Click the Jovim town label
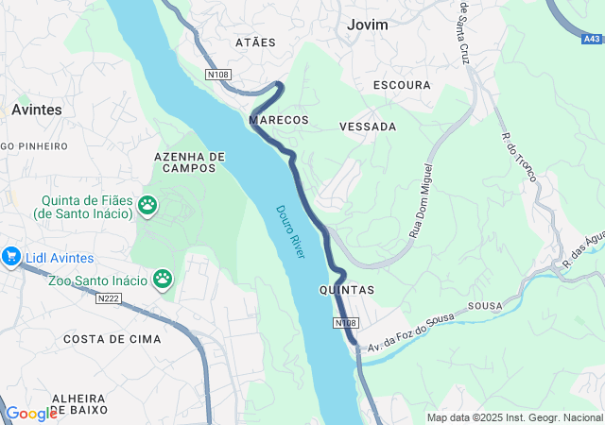click(368, 25)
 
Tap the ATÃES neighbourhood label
click(254, 42)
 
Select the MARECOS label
click(279, 121)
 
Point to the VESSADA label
click(368, 126)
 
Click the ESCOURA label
click(402, 85)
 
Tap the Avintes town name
click(36, 110)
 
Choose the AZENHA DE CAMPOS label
click(190, 162)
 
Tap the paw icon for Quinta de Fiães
click(147, 205)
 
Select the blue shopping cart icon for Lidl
click(11, 256)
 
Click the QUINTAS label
click(347, 289)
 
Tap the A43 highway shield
click(592, 39)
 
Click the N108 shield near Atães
click(218, 73)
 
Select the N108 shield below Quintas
click(345, 323)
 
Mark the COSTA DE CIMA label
click(112, 338)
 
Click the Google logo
click(31, 413)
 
